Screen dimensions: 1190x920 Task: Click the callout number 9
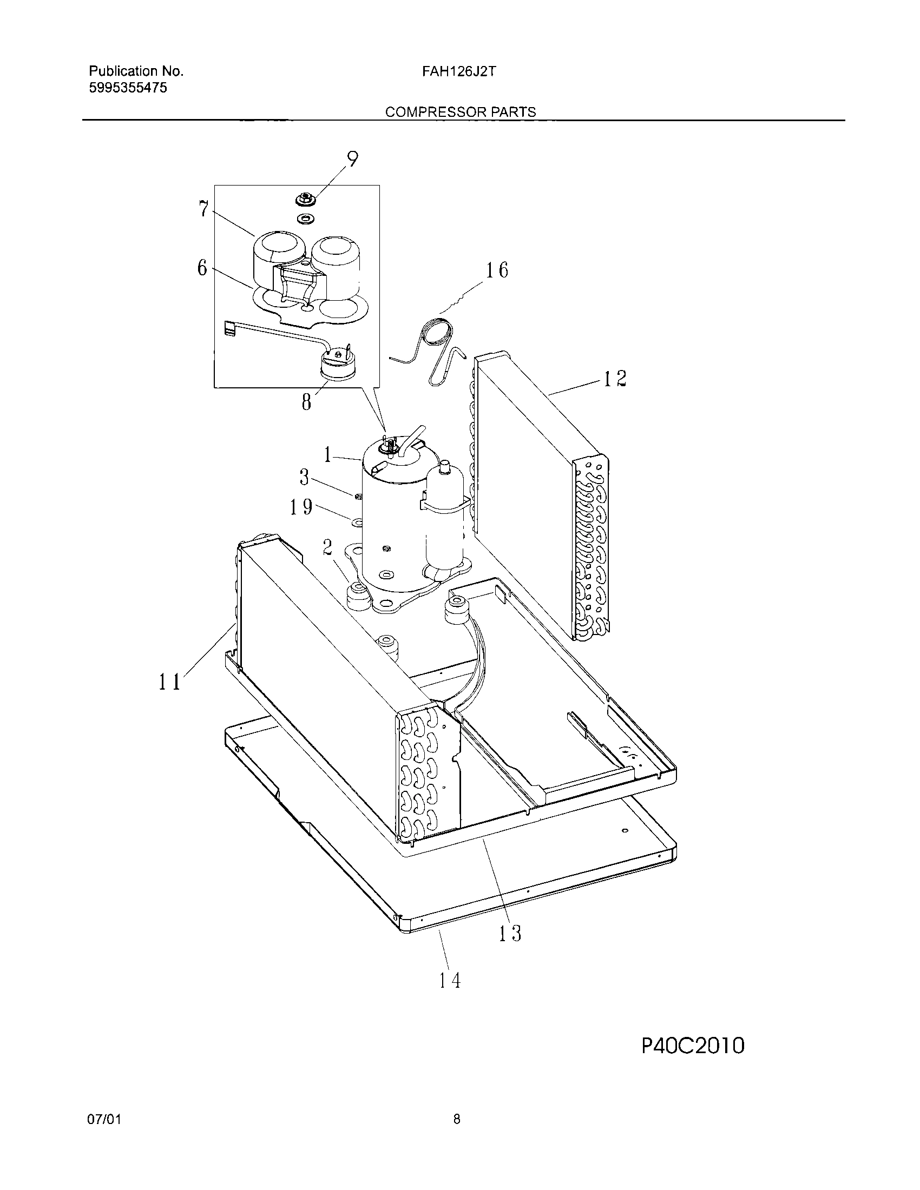353,159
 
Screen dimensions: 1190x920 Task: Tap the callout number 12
615,379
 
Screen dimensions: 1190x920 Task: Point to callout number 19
301,507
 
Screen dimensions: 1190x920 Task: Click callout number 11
169,682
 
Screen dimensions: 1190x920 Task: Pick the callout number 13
510,934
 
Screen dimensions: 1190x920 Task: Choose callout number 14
450,981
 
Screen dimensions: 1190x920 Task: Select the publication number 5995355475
128,88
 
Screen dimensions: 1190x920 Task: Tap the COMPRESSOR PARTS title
461,113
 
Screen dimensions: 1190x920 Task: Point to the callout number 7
203,208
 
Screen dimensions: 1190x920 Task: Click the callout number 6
202,268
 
